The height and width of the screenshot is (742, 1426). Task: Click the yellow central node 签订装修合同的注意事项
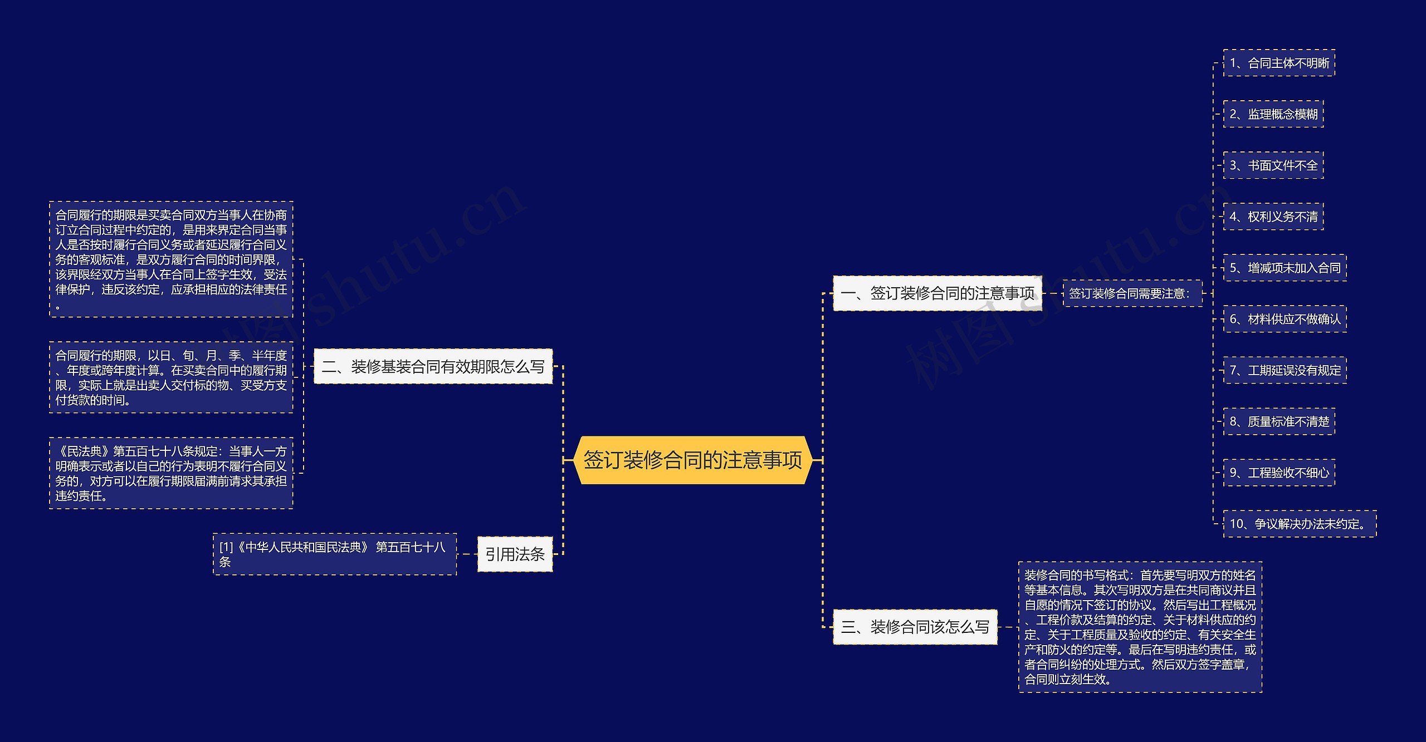pos(692,460)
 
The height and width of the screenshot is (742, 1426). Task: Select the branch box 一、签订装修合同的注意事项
pos(937,293)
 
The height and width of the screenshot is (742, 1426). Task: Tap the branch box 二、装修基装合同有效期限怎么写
pos(433,366)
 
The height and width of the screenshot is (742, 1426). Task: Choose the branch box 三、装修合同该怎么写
pos(915,627)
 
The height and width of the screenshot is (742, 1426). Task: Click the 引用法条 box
pos(515,554)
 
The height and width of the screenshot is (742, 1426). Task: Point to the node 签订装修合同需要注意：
pos(1132,293)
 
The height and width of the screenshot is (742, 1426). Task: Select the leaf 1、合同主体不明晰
pos(1279,63)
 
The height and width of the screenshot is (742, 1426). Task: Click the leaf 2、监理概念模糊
pos(1273,114)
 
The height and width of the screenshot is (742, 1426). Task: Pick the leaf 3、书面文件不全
pos(1273,165)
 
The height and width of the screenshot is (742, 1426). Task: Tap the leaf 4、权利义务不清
pos(1273,217)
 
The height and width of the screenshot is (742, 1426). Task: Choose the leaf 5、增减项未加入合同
pos(1285,268)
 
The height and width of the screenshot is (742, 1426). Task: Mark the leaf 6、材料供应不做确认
pos(1285,319)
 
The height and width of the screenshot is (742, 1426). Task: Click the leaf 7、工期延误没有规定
pos(1285,370)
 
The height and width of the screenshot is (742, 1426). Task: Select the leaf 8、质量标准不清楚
pos(1279,421)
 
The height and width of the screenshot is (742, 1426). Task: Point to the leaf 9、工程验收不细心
pos(1279,473)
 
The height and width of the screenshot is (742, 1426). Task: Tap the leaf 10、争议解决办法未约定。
pos(1300,524)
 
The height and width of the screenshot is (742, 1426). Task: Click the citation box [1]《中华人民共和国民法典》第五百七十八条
pos(334,554)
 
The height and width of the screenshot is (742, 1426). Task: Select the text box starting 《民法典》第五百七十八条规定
pos(171,473)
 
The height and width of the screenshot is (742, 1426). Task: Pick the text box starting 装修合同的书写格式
pos(1140,627)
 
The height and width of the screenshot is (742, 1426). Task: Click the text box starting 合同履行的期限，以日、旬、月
pos(171,377)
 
